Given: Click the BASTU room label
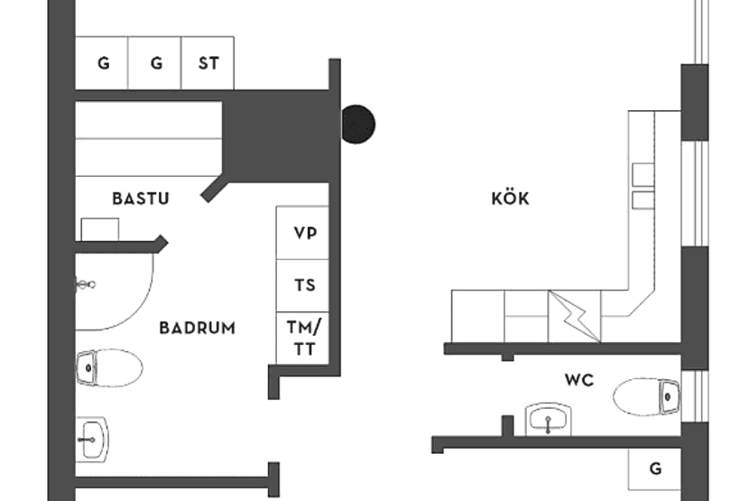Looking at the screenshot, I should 141,199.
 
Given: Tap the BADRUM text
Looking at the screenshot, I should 197,328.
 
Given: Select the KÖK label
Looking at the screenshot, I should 510,199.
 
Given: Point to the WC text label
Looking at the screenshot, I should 578,380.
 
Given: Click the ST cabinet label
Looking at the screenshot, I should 208,64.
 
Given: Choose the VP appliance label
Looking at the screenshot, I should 305,232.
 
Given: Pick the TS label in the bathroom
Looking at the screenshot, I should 305,285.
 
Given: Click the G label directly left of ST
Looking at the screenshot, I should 156,64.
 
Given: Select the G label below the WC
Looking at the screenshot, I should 655,469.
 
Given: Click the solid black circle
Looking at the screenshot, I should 357,125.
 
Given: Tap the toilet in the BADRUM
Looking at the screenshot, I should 109,367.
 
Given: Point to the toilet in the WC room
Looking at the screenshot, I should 646,394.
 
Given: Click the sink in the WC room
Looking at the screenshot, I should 549,419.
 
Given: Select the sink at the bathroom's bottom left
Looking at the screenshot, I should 90,439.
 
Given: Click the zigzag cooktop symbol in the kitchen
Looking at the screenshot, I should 574,316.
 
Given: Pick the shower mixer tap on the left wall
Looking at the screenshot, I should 85,284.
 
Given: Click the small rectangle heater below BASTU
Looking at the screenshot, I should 99,229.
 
